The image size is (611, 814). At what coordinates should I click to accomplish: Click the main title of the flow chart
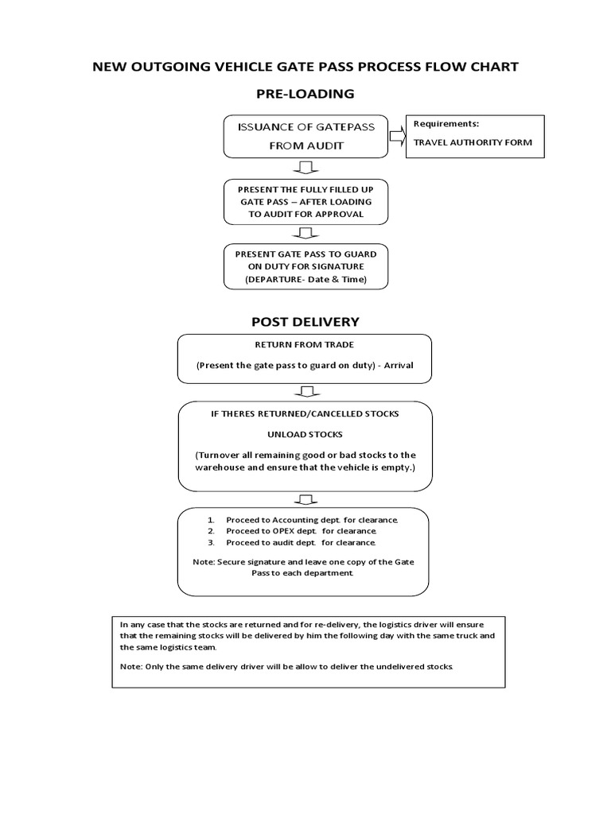tap(305, 67)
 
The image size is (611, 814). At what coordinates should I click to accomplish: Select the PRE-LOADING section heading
tap(305, 94)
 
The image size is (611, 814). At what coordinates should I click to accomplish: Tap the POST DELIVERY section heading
tap(305, 321)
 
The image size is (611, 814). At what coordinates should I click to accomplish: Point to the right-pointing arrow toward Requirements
tap(395, 137)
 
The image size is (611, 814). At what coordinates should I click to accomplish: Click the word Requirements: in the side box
tap(446, 125)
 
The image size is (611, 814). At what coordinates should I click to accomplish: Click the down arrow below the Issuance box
tap(305, 167)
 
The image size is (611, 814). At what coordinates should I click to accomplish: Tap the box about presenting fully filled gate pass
tap(305, 202)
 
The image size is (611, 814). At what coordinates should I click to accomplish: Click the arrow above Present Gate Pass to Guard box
tap(305, 233)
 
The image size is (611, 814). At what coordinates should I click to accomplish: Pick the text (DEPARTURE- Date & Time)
tap(305, 281)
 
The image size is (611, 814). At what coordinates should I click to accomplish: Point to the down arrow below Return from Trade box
tap(305, 391)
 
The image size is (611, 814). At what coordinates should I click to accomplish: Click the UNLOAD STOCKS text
tap(305, 434)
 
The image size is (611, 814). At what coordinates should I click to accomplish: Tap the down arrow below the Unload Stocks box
tap(305, 498)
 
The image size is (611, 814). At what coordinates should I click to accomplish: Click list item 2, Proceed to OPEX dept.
tap(301, 530)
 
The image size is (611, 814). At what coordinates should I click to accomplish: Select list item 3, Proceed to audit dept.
tap(301, 542)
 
